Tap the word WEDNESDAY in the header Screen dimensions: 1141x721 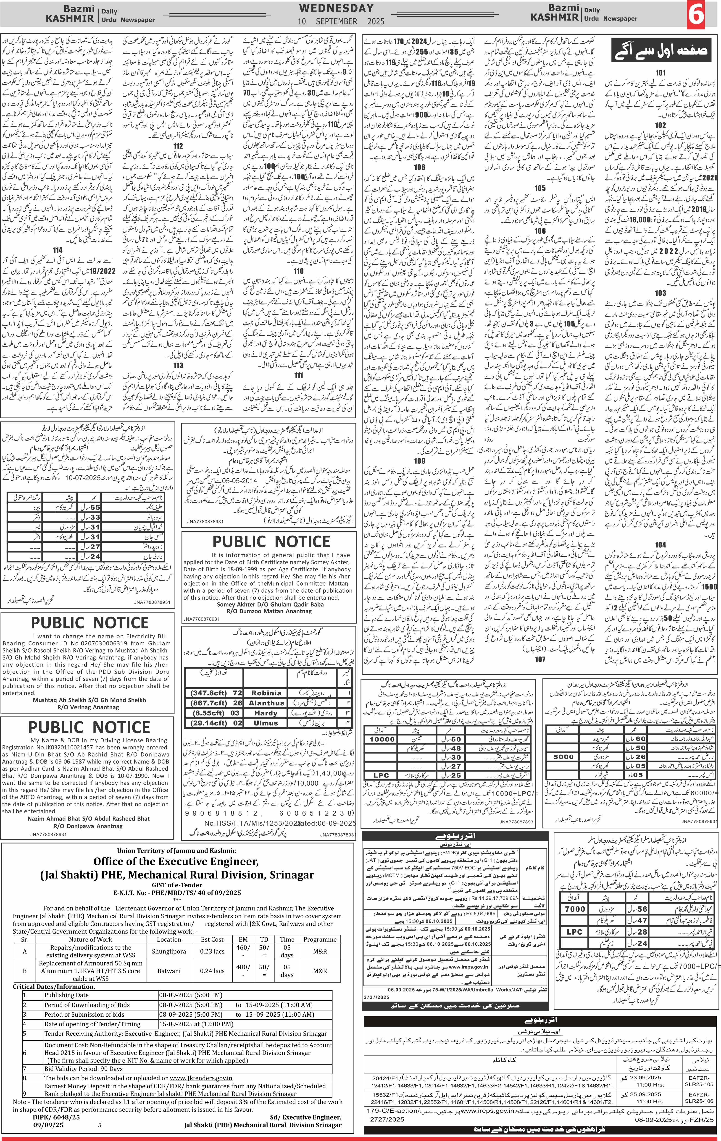(x=336, y=8)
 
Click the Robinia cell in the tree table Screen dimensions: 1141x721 (x=266, y=693)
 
